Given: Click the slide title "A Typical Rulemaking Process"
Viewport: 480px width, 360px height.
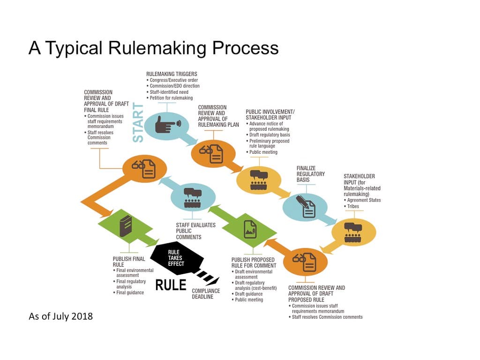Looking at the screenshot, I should point(153,48).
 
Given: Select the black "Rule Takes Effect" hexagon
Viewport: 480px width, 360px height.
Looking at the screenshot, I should point(177,258).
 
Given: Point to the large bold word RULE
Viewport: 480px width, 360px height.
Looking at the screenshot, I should point(171,285).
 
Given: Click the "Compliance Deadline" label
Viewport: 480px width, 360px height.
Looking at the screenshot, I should point(206,294).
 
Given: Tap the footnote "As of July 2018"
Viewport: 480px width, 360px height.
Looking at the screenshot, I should point(61,316).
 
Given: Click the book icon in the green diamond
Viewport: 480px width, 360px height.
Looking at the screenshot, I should point(125,226).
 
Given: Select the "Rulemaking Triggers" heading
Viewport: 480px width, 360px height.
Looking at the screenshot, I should point(172,74).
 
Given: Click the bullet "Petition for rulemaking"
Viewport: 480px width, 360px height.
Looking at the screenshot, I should point(171,98).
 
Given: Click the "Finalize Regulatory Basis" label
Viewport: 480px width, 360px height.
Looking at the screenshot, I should point(310,174).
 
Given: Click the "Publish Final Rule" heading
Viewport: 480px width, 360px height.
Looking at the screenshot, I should point(129,262).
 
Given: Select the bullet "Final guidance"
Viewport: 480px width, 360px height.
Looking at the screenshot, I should point(130,292).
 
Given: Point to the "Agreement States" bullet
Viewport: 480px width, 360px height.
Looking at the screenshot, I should point(364,200).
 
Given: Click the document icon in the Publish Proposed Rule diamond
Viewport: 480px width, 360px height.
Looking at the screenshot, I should point(250,229).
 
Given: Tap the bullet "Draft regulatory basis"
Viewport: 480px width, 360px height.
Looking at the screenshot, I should point(270,135).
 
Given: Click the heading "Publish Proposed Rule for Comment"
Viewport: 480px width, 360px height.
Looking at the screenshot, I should point(254,262).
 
